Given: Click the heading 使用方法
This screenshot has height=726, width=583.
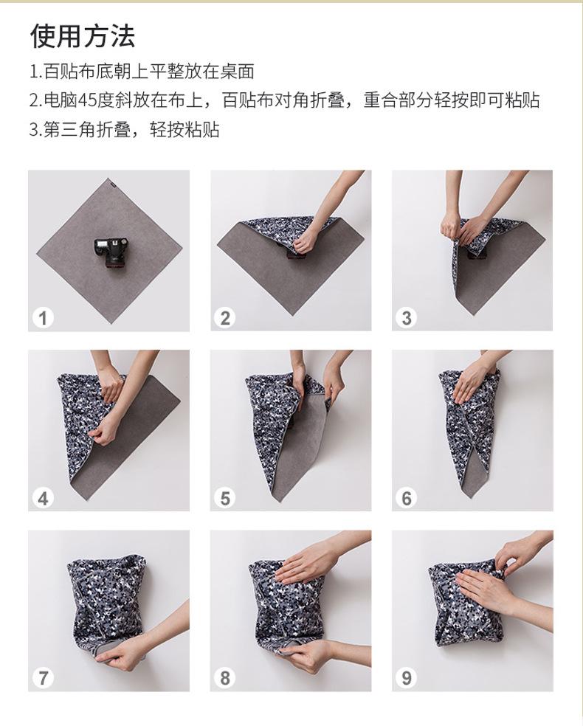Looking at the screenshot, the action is click(83, 35).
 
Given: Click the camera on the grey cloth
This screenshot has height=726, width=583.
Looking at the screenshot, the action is click(111, 253).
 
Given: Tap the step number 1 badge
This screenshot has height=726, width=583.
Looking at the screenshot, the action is click(43, 318).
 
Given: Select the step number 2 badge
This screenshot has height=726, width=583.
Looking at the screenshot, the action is click(225, 318).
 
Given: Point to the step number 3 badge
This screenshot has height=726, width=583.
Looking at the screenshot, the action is click(407, 318).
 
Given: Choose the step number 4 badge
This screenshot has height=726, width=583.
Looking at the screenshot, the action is click(43, 498).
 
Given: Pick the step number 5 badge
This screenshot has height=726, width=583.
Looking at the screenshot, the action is click(225, 498).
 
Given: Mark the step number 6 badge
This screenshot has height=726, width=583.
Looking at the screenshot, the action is click(407, 498).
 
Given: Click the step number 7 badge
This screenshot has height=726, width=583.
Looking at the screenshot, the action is click(43, 678).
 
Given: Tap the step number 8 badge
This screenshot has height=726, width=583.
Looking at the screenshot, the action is click(225, 678).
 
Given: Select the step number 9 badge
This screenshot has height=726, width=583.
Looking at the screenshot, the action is click(407, 678).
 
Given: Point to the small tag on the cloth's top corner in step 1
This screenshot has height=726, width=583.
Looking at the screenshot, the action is click(111, 181).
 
